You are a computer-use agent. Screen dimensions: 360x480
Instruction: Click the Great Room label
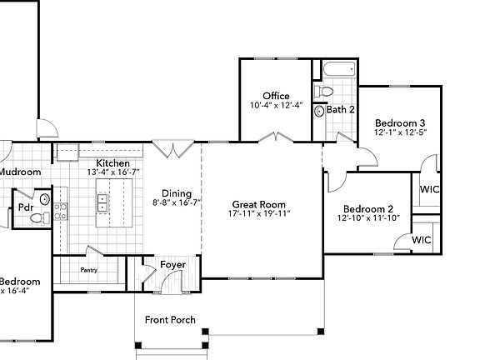click(258, 204)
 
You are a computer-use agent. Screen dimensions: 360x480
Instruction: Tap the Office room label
click(276, 97)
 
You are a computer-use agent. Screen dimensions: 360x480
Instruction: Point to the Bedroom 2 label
click(367, 208)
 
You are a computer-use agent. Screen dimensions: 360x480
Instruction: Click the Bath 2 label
click(341, 109)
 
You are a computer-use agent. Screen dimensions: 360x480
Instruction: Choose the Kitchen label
click(112, 162)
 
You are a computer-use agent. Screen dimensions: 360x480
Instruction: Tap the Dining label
click(177, 192)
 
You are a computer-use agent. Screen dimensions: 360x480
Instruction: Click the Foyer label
click(173, 265)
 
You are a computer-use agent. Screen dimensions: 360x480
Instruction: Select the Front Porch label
click(171, 320)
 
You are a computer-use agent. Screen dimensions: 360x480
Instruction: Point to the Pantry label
click(89, 270)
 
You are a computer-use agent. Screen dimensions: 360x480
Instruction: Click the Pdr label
click(25, 205)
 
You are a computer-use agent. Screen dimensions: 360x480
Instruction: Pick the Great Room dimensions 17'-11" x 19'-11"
click(258, 214)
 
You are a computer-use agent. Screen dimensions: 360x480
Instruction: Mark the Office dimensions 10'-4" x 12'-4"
click(276, 106)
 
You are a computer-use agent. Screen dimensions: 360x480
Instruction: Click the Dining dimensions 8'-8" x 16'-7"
click(177, 202)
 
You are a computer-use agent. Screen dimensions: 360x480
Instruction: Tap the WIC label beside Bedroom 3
click(429, 189)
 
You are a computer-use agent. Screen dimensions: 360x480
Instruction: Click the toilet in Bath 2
click(326, 90)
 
